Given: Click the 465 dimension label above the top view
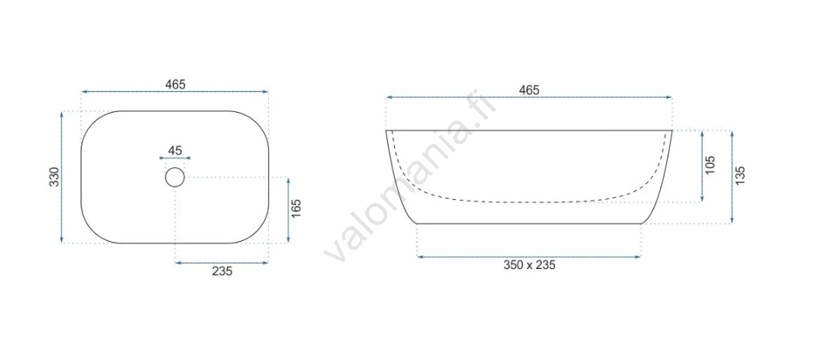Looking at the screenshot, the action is point(175,84).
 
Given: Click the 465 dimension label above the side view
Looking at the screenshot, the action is point(529,90).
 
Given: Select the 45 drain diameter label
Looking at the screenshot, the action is point(175,151).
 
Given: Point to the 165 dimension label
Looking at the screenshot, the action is point(297,209).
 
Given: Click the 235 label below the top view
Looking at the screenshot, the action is point(222,271).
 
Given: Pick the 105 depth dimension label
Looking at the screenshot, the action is point(710,166).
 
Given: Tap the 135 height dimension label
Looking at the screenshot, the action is point(740,177).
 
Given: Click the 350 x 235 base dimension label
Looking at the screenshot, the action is point(529,265).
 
